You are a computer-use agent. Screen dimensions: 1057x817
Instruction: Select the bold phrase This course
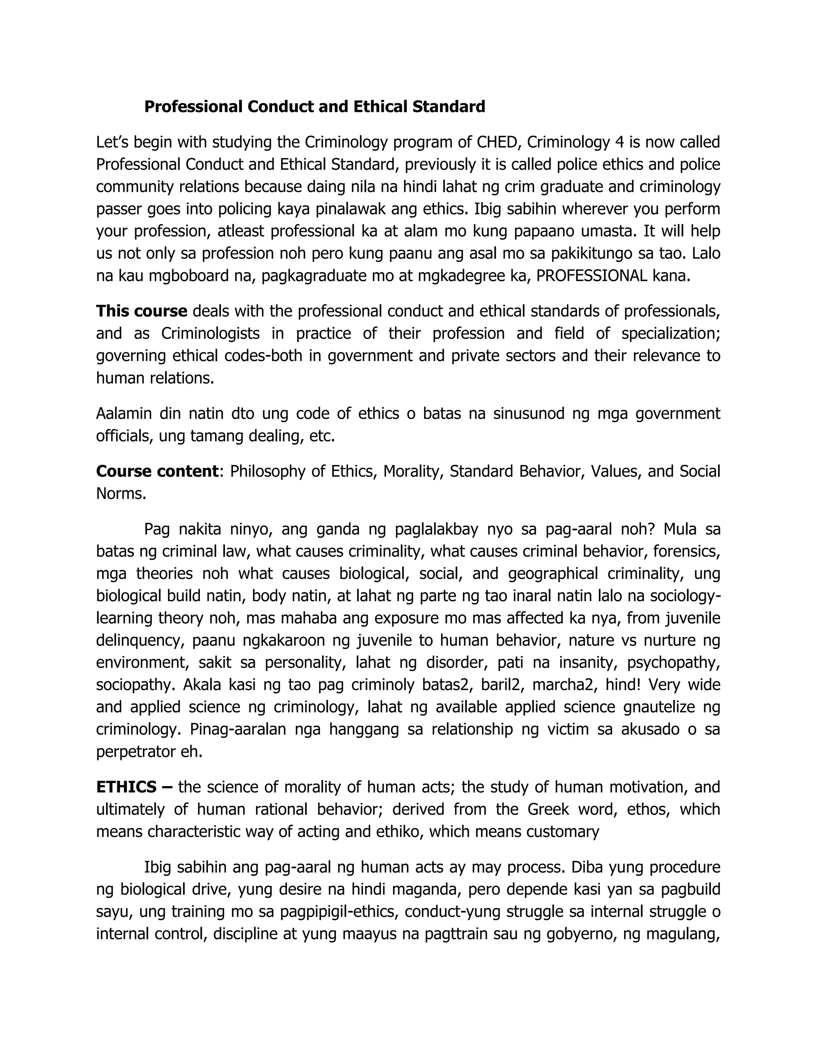click(141, 311)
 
